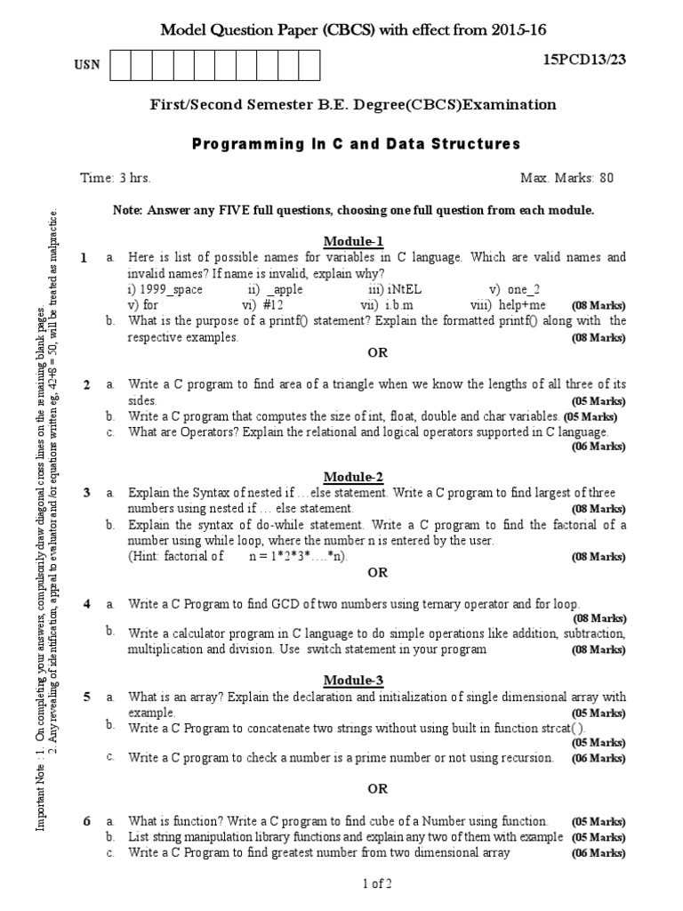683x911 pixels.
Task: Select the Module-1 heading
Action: tap(353, 241)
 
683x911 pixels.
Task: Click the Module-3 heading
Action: tap(353, 681)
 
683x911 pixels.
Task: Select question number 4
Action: tap(87, 604)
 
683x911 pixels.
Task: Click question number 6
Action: tap(87, 821)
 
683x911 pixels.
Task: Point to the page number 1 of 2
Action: tap(377, 883)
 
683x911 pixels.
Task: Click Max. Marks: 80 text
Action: tap(566, 178)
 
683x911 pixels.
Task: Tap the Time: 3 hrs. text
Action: tap(116, 178)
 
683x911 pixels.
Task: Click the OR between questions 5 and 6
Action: tap(377, 789)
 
